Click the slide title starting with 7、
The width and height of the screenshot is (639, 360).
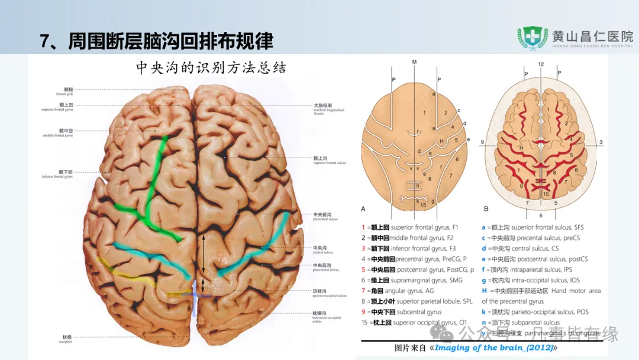coord(156,41)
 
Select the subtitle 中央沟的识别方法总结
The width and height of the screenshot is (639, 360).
coord(211,68)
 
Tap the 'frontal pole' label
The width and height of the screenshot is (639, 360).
coord(65,92)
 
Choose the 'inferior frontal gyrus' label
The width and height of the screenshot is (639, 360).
coord(57,174)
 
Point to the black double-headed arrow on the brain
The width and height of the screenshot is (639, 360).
coord(204,261)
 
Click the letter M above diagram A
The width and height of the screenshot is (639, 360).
coord(414,62)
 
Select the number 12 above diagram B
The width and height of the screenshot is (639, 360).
coord(540,63)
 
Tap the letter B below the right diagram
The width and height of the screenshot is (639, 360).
coord(486,208)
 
